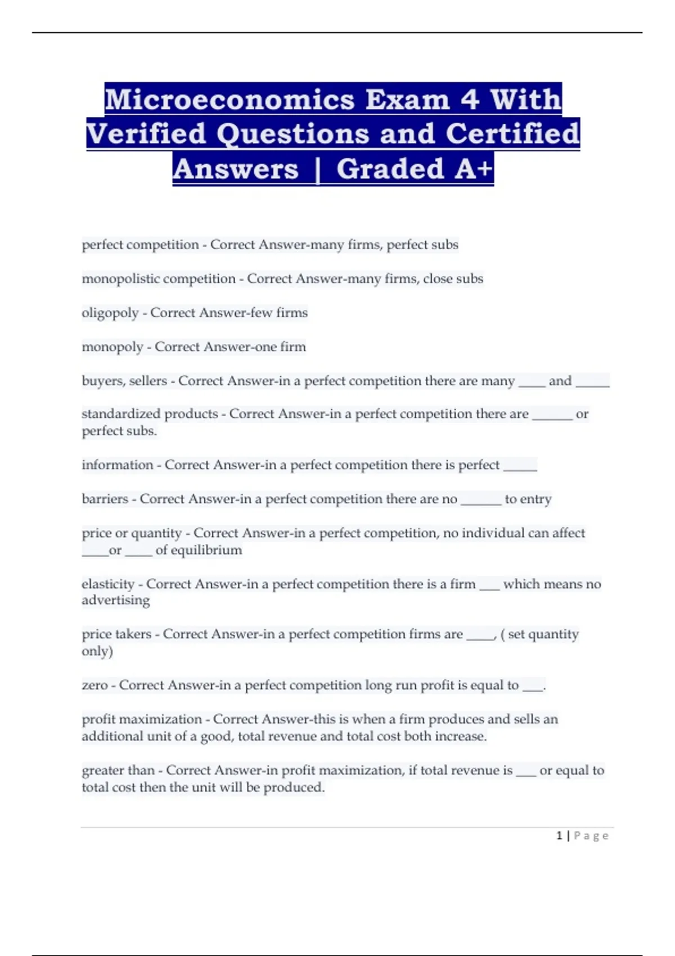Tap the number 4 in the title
(x=470, y=100)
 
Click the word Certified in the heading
(x=512, y=134)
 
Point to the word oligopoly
(x=110, y=313)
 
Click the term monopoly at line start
(x=112, y=347)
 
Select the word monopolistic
(x=120, y=279)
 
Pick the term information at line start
(x=117, y=465)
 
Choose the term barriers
(x=105, y=499)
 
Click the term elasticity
(x=108, y=584)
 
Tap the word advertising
(x=116, y=601)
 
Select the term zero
(x=94, y=686)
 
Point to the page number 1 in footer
(x=559, y=836)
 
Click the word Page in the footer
(x=591, y=836)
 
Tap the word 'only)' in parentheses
(x=97, y=651)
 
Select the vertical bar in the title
(x=318, y=169)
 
